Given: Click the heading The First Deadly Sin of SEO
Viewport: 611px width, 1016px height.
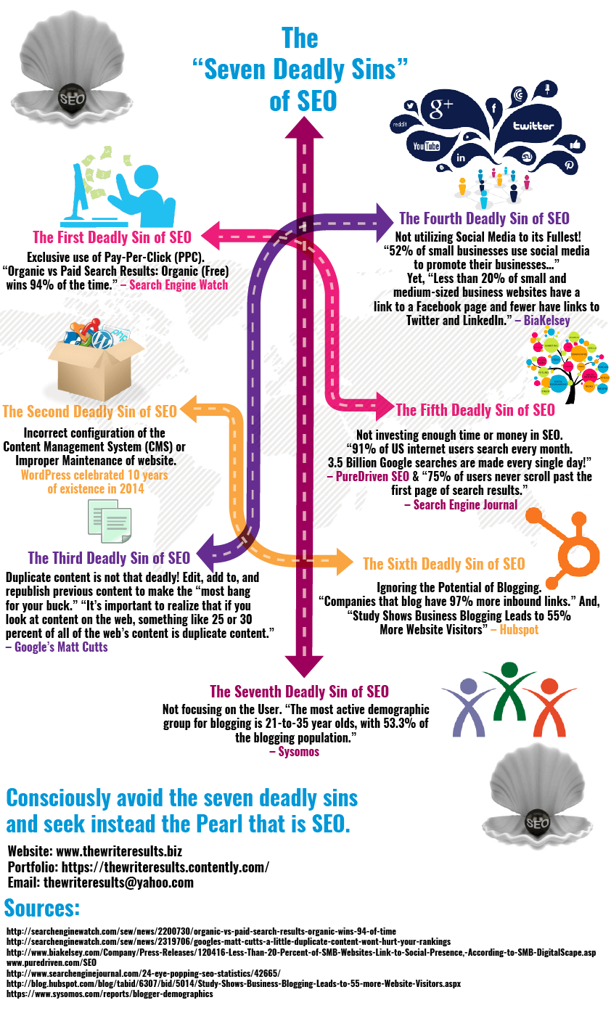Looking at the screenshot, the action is point(112,237).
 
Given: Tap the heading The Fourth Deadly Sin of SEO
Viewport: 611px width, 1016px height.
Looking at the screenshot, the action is point(484,218).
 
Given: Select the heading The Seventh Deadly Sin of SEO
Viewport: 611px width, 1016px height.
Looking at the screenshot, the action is point(299,691).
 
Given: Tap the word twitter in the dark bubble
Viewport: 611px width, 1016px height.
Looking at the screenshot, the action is point(533,126).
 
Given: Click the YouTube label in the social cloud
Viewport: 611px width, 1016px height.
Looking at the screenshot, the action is point(427,146).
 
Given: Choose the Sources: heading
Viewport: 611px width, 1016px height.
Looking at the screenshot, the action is point(42,908).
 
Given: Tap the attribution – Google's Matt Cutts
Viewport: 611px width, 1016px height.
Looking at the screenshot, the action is point(57,647).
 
